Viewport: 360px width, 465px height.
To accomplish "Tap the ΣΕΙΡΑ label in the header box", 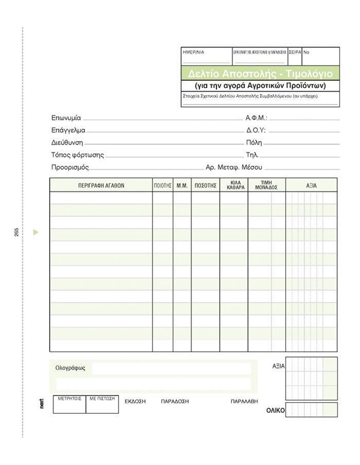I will point(295,52).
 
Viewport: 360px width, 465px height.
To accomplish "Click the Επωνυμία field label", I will point(66,118).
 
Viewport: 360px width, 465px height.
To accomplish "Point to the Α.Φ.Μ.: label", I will point(256,118).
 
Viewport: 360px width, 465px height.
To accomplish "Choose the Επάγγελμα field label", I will point(68,130).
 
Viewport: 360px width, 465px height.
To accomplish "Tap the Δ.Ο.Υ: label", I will point(256,130).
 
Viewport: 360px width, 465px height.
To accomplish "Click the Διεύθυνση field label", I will point(67,143).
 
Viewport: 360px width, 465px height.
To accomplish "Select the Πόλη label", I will point(254,143).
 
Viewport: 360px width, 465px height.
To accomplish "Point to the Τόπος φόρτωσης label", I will point(78,155).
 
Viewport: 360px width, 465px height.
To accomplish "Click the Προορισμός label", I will point(70,167).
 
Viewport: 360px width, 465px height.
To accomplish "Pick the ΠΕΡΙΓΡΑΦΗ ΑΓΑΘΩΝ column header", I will point(101,185).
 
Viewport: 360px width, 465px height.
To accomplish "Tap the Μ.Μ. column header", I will point(182,185).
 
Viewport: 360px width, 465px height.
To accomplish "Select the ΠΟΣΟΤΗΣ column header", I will point(206,185).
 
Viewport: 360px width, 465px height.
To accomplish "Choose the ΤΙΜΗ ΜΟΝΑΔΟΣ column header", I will point(266,185).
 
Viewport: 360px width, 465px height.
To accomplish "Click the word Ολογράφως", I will point(70,368).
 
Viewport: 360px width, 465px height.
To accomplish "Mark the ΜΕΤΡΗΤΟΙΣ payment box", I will point(69,404).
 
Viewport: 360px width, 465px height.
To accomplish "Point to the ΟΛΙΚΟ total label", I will point(276,411).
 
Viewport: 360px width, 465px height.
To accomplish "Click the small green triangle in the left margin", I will point(36,232).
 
